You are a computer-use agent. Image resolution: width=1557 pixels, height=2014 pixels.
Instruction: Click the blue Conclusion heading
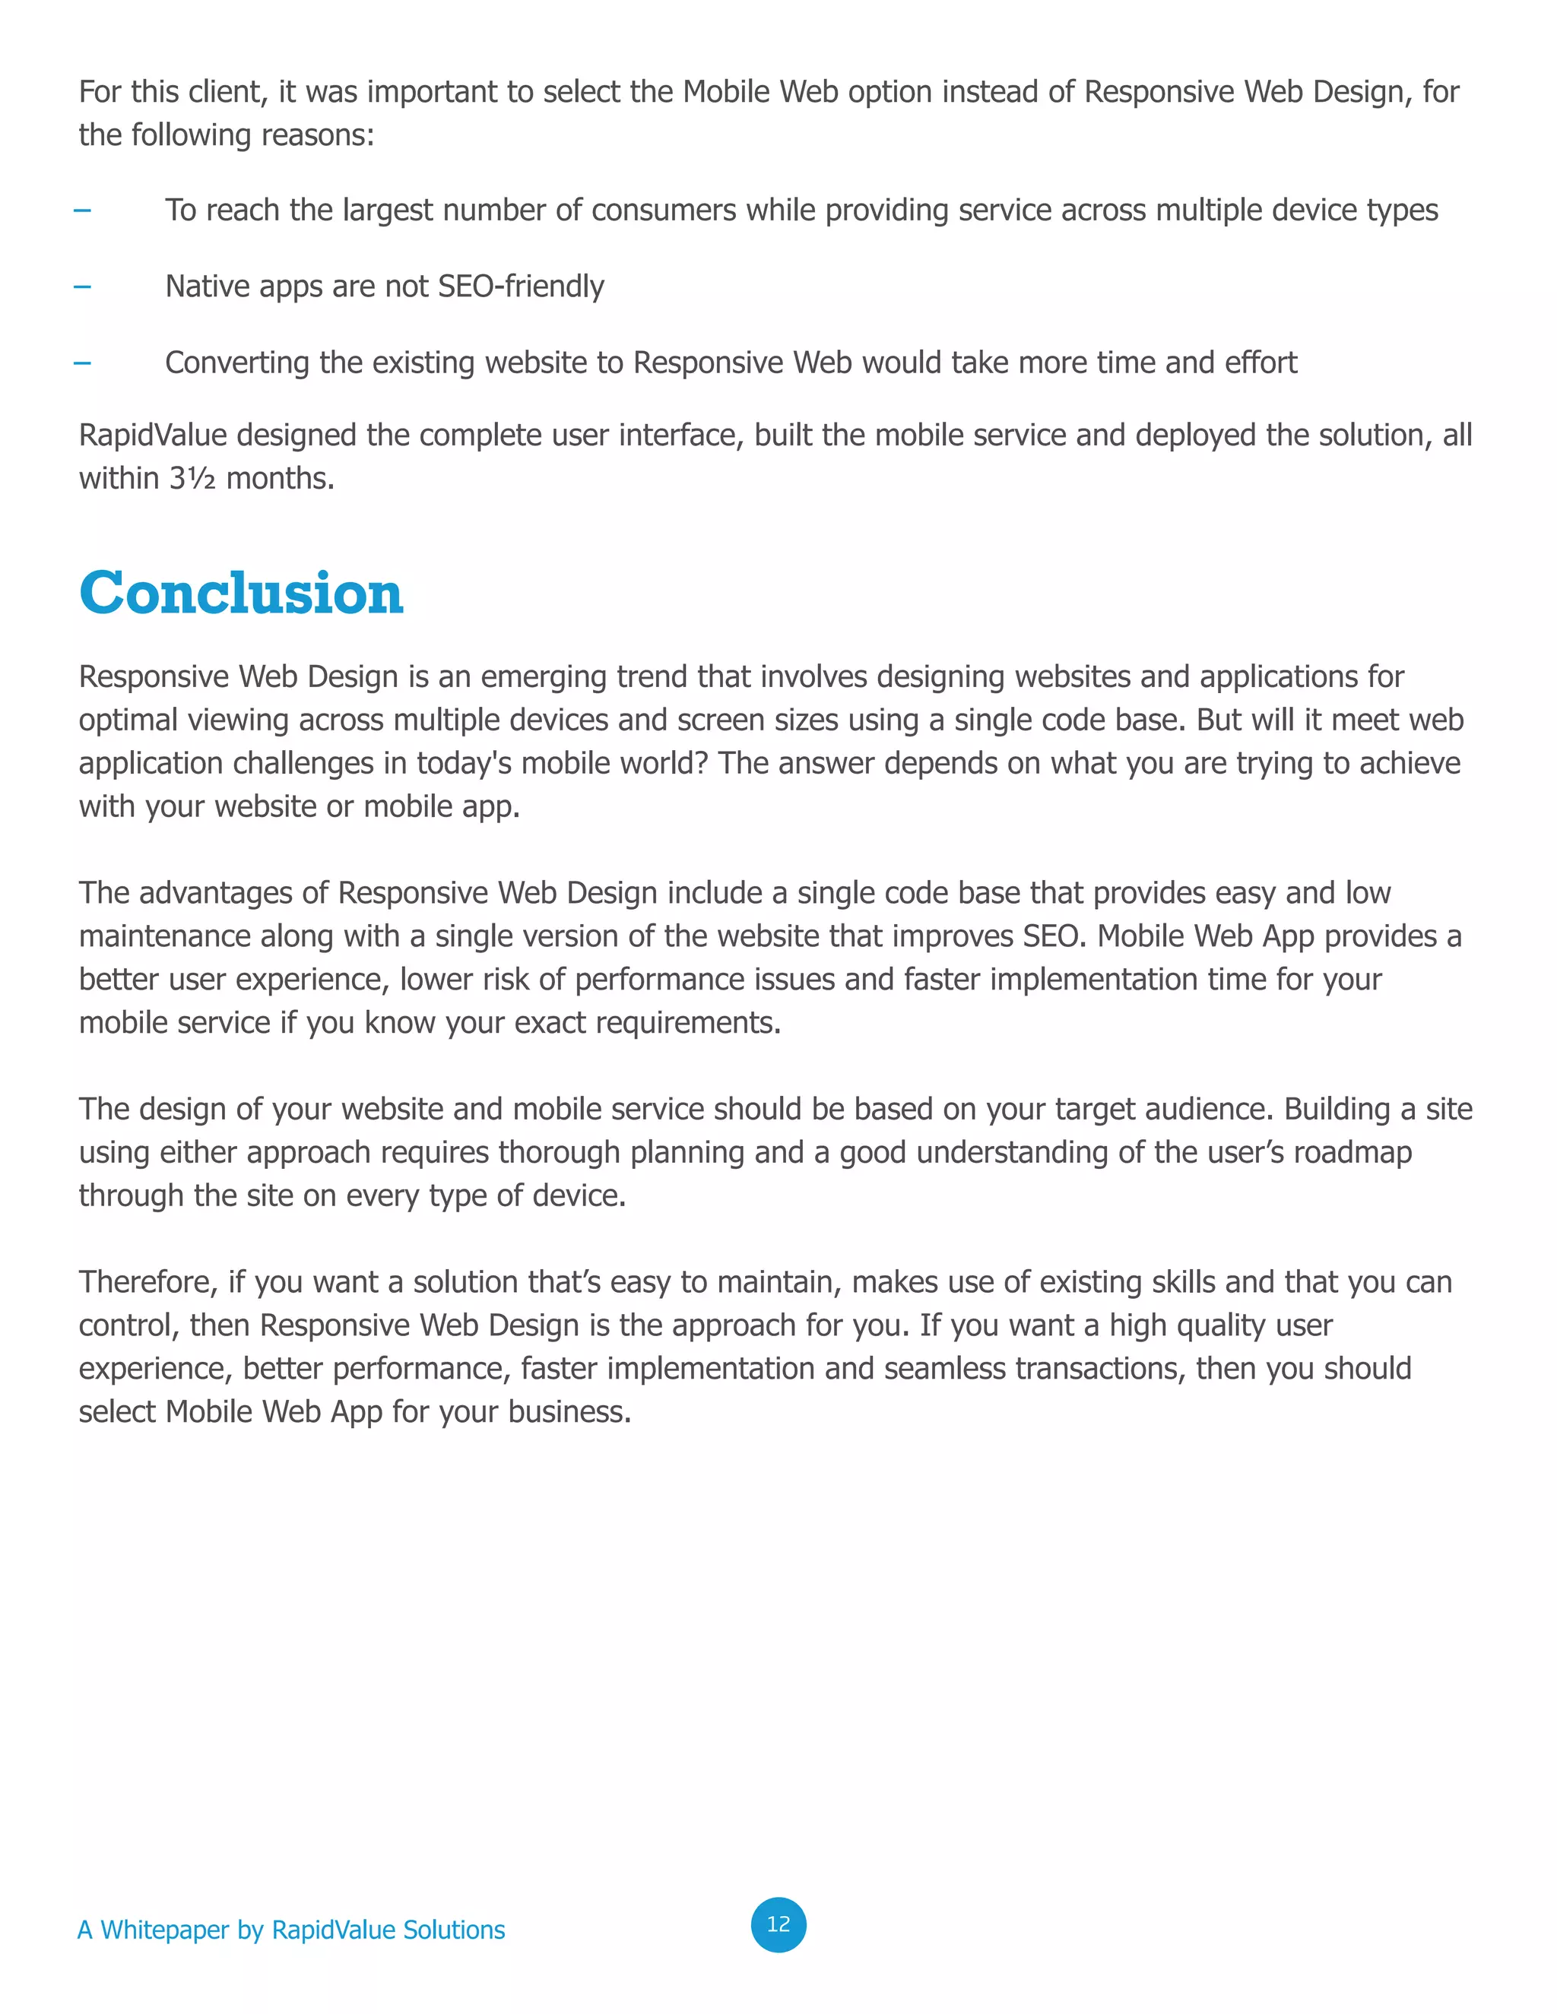(242, 593)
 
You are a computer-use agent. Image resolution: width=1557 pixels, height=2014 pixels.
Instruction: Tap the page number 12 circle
(778, 1924)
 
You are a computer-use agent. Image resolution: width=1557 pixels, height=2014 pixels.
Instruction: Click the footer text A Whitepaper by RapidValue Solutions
(291, 1930)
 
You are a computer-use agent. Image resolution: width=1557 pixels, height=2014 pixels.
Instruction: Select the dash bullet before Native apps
(82, 287)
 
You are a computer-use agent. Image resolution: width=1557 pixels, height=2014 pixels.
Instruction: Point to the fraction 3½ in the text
(192, 479)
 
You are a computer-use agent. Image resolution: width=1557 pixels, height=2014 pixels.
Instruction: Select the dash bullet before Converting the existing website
(82, 363)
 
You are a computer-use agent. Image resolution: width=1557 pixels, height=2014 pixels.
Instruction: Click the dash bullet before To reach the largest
(82, 211)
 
